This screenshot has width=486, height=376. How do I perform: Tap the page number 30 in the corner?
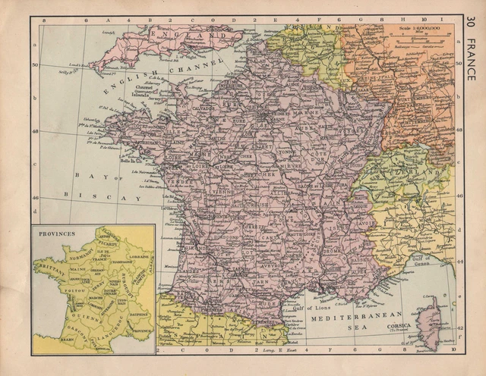click(472, 23)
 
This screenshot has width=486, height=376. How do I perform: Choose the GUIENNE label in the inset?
click(89, 318)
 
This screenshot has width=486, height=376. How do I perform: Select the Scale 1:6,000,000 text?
click(418, 31)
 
